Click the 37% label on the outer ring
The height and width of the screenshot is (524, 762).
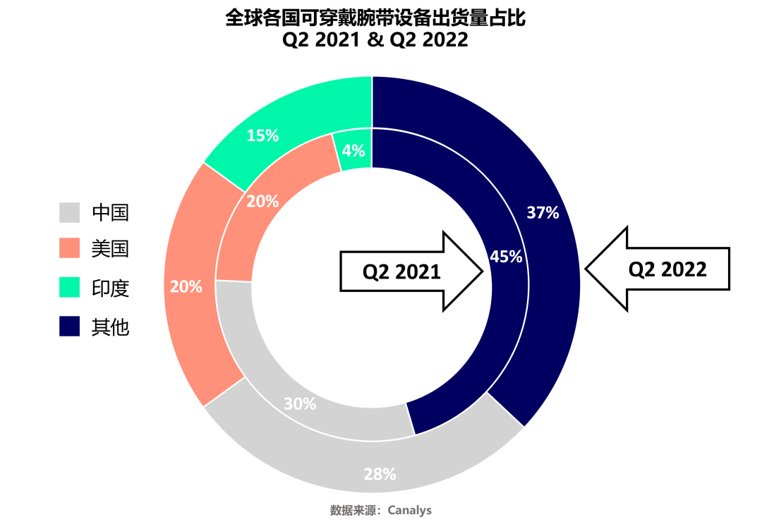tap(543, 213)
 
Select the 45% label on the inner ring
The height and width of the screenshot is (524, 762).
tap(506, 257)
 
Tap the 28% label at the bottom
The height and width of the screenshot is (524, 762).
tap(380, 475)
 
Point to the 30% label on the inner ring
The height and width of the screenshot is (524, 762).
tap(300, 404)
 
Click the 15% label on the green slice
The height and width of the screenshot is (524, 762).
tap(262, 136)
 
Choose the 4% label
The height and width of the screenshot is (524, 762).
tap(353, 151)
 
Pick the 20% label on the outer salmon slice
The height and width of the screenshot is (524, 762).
tap(186, 287)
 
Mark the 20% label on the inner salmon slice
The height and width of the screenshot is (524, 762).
tap(262, 202)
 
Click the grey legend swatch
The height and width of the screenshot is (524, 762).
tap(70, 212)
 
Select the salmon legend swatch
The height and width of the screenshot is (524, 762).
tap(70, 248)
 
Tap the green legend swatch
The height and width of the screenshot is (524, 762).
tap(70, 287)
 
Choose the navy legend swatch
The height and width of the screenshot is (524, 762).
tap(70, 326)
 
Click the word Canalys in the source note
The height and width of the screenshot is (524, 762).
tap(410, 511)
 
